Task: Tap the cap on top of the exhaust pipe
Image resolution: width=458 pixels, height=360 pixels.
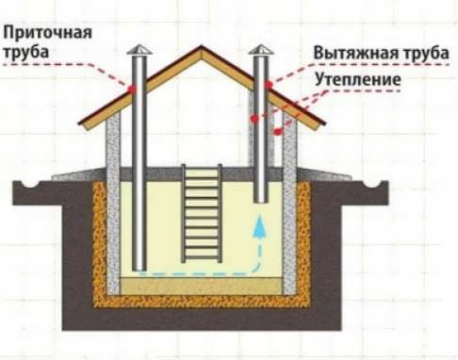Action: pyautogui.click(x=260, y=48)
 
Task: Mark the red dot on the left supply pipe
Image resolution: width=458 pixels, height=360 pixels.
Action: pyautogui.click(x=134, y=90)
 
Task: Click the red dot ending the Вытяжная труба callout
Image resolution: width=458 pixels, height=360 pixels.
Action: pyautogui.click(x=269, y=84)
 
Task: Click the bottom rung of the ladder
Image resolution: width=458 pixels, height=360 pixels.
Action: pyautogui.click(x=202, y=256)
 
